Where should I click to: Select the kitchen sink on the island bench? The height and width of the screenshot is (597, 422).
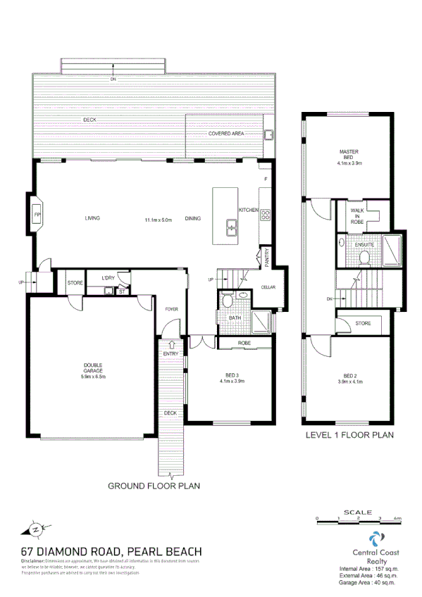tap(232, 227)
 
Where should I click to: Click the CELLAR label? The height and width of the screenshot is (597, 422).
tap(268, 287)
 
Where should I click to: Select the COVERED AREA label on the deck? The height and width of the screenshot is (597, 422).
tap(225, 133)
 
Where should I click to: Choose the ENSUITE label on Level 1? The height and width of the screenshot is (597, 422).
tap(365, 246)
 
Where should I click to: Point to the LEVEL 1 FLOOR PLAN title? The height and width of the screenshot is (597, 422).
tap(349, 435)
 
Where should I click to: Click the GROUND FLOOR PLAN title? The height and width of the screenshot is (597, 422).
tap(154, 486)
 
